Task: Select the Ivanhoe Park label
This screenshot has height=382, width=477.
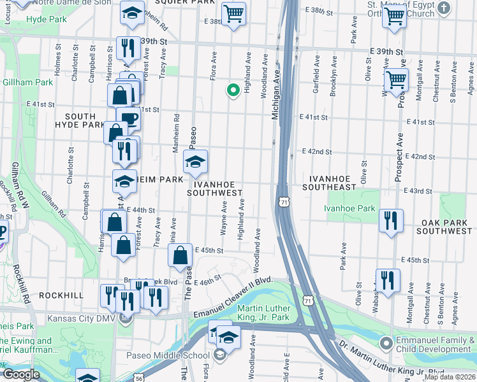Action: [x=349, y=208]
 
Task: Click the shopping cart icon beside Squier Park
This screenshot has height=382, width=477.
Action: [x=234, y=13]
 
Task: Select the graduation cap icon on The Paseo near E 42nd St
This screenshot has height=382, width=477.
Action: [x=196, y=160]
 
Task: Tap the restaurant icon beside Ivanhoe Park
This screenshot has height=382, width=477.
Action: [x=390, y=220]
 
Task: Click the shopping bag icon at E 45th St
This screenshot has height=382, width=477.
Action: [x=180, y=255]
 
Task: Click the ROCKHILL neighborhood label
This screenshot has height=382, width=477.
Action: [x=61, y=295]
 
